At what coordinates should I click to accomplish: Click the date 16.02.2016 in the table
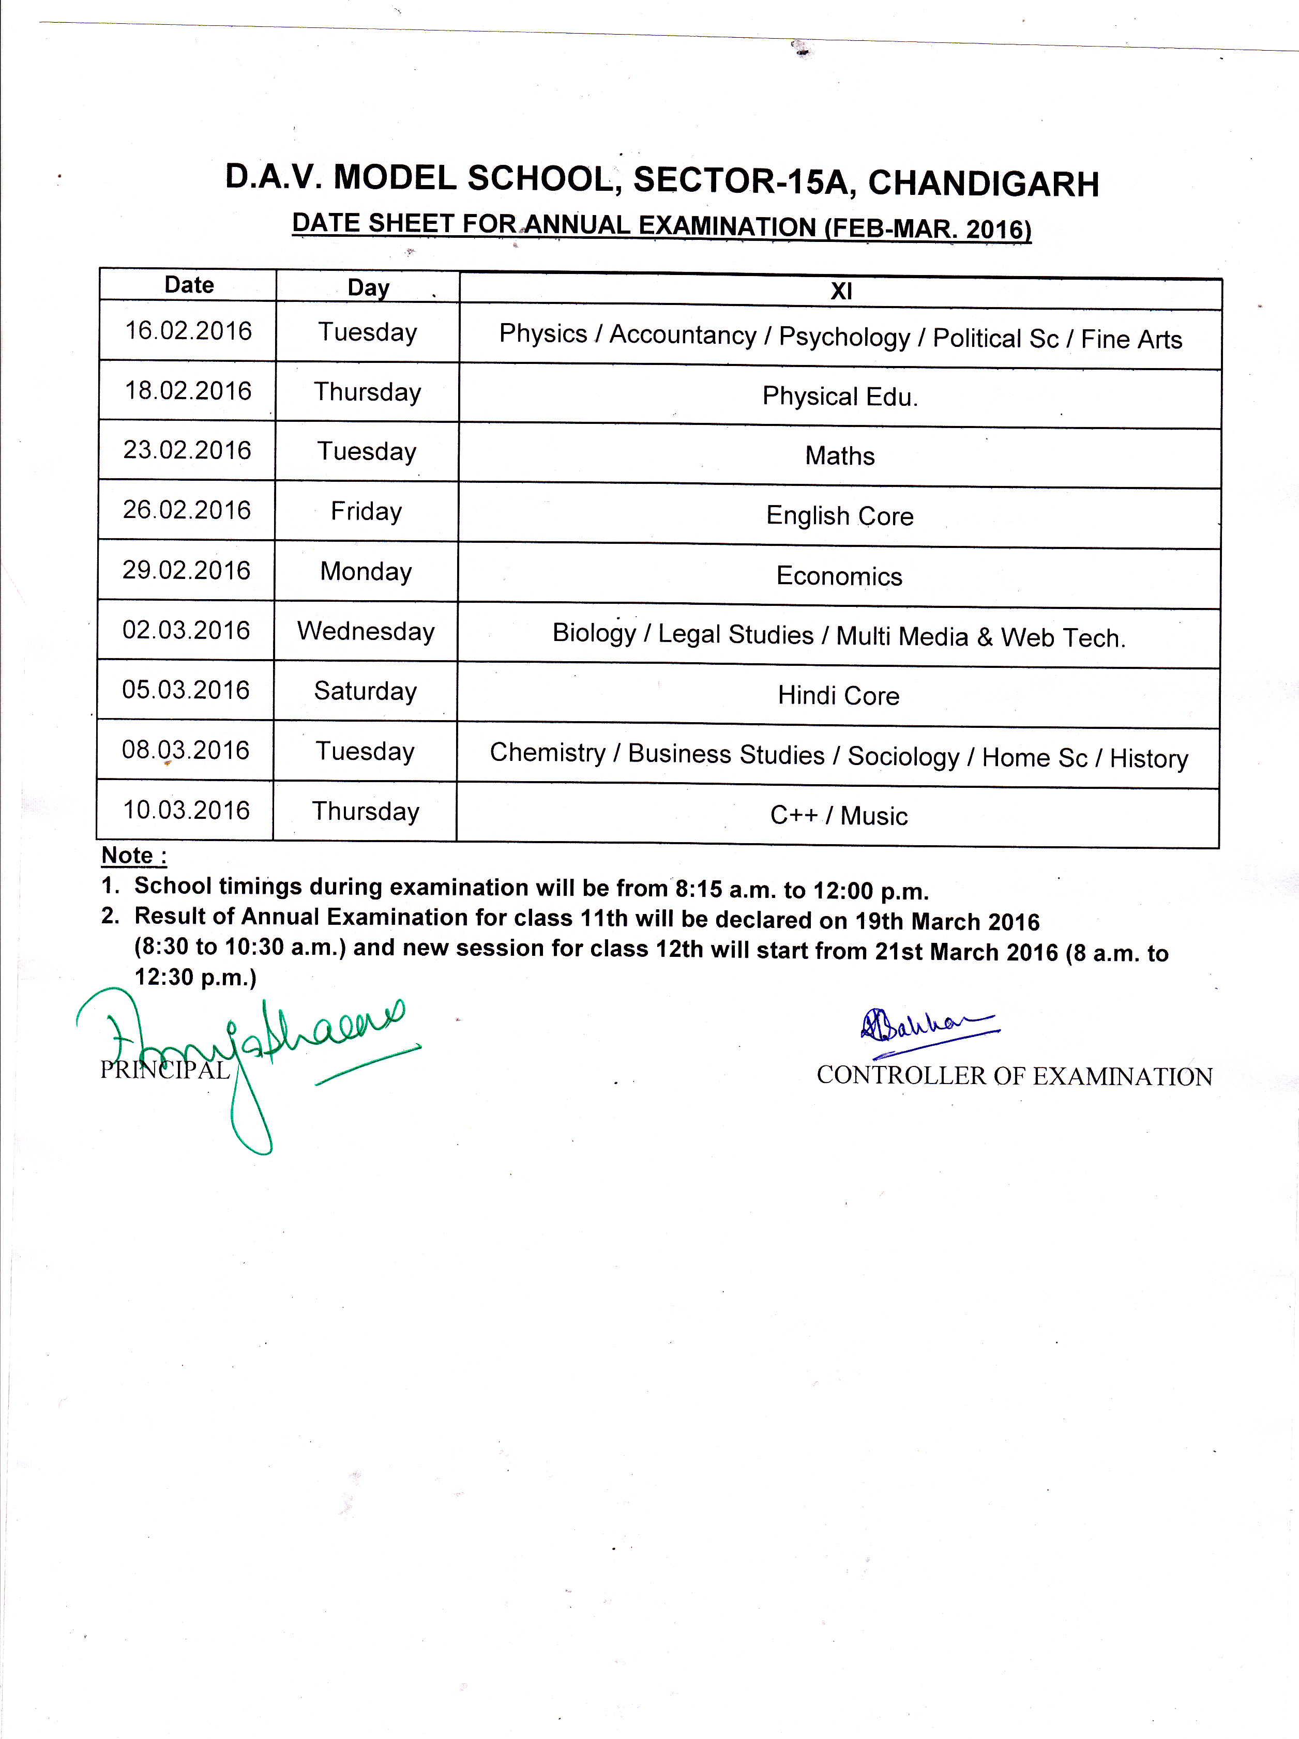(x=189, y=331)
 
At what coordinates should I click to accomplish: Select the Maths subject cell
(x=840, y=456)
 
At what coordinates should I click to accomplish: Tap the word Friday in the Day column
(x=367, y=512)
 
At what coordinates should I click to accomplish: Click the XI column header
(x=841, y=292)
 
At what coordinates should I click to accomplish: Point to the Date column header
(x=189, y=285)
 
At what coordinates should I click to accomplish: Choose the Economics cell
(x=839, y=576)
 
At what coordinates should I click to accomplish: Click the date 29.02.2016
(x=186, y=570)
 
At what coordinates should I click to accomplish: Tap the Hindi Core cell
(x=838, y=696)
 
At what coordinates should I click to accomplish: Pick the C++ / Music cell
(x=839, y=816)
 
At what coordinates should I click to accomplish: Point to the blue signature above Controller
(x=928, y=1025)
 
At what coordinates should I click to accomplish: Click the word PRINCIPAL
(x=165, y=1070)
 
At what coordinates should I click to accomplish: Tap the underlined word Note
(x=127, y=856)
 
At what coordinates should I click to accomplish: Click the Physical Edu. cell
(x=840, y=396)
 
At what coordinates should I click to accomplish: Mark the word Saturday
(x=366, y=691)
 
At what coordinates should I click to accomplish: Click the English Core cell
(x=840, y=516)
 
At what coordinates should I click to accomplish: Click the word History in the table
(x=1149, y=759)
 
